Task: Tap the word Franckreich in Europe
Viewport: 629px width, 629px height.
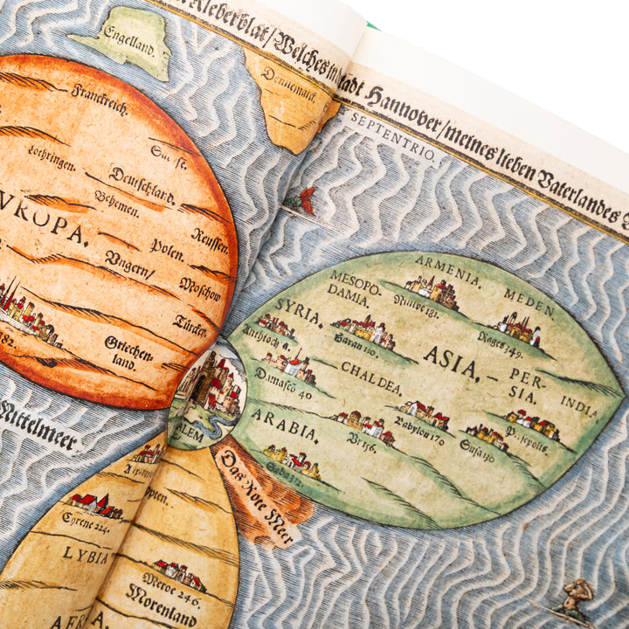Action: [100, 98]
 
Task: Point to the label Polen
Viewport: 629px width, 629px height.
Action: [166, 245]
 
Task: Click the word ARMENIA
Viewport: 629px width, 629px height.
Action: [447, 265]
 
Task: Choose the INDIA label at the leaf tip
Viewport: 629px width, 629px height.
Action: [579, 406]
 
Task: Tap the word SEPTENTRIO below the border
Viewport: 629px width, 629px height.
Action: [392, 135]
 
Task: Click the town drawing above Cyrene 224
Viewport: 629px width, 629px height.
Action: [96, 505]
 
